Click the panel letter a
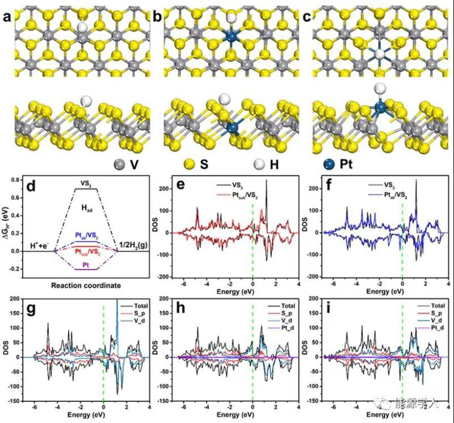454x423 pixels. pos(7,17)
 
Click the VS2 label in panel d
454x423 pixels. pos(86,183)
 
